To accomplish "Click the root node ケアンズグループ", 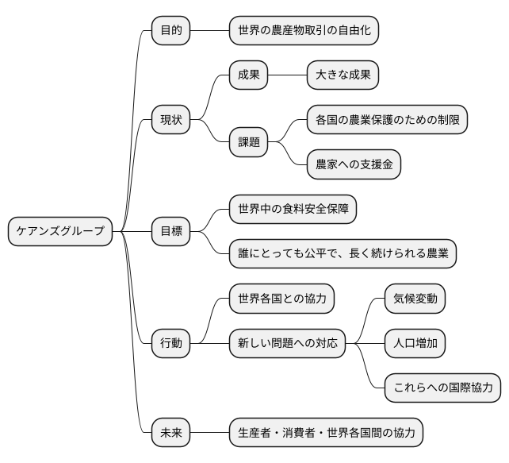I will click(x=60, y=231).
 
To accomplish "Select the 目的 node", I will click(x=170, y=31).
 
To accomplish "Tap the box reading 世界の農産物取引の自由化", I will click(x=304, y=31).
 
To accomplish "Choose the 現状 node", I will click(x=170, y=120).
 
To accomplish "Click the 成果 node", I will click(x=248, y=75).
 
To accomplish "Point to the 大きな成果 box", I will click(x=343, y=75).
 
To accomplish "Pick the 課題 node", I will click(x=248, y=142).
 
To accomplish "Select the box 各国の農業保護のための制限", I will click(x=387, y=120).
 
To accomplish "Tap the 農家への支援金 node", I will click(x=354, y=164).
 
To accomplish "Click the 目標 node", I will click(x=170, y=231).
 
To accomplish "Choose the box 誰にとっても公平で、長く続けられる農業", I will click(x=343, y=253).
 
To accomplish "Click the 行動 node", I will click(x=170, y=343).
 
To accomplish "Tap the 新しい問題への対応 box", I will click(x=287, y=343).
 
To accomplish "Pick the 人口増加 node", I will click(x=415, y=343).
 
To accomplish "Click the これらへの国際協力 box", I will click(x=442, y=388).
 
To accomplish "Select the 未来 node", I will click(x=170, y=433).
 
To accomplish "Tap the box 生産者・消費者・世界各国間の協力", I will click(x=326, y=433).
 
